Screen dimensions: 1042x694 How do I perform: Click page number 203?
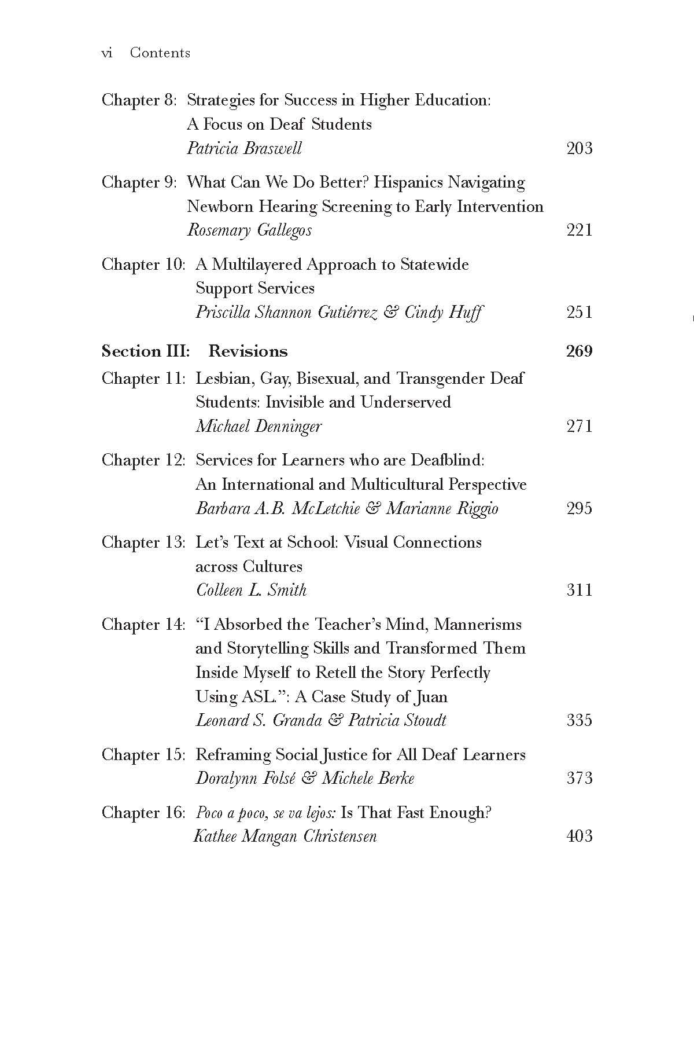click(x=579, y=149)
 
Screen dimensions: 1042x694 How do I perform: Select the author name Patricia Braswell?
click(x=244, y=149)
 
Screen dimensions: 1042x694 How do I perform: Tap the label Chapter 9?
click(x=139, y=182)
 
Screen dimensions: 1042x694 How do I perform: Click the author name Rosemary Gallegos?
click(x=249, y=230)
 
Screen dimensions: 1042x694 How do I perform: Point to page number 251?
click(x=579, y=313)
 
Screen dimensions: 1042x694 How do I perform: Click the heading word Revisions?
click(x=248, y=351)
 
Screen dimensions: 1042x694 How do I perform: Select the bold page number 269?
click(x=579, y=351)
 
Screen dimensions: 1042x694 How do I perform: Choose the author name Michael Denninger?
click(x=259, y=427)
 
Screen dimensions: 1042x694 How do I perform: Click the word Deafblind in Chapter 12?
click(x=447, y=460)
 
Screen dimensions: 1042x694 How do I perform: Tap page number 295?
click(x=579, y=509)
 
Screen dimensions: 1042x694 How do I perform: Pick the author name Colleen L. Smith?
click(x=252, y=590)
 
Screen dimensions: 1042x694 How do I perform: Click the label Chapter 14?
click(x=143, y=625)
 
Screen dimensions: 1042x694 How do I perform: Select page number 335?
click(x=579, y=721)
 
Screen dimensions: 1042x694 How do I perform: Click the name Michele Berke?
click(x=368, y=779)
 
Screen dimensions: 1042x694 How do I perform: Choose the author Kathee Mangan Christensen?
click(x=285, y=836)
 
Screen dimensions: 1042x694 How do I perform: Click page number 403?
click(x=579, y=836)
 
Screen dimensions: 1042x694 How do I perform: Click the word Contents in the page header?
click(x=160, y=53)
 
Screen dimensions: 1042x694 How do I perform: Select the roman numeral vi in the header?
click(x=106, y=53)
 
